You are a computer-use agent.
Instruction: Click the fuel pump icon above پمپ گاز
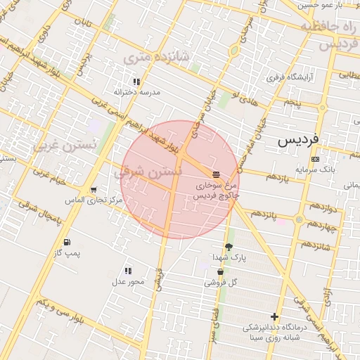[67, 243]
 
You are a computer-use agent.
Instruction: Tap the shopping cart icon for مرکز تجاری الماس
[94, 190]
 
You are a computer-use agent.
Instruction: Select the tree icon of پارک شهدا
[228, 246]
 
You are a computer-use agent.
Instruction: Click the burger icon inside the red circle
[216, 173]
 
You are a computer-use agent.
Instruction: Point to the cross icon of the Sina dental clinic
[274, 317]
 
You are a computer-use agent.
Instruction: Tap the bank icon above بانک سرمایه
[314, 159]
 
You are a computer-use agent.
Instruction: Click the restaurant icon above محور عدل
[128, 271]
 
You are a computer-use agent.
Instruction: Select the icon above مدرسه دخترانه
[136, 82]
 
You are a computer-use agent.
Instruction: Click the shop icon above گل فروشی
[220, 271]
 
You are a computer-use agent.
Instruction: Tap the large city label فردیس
[298, 139]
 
